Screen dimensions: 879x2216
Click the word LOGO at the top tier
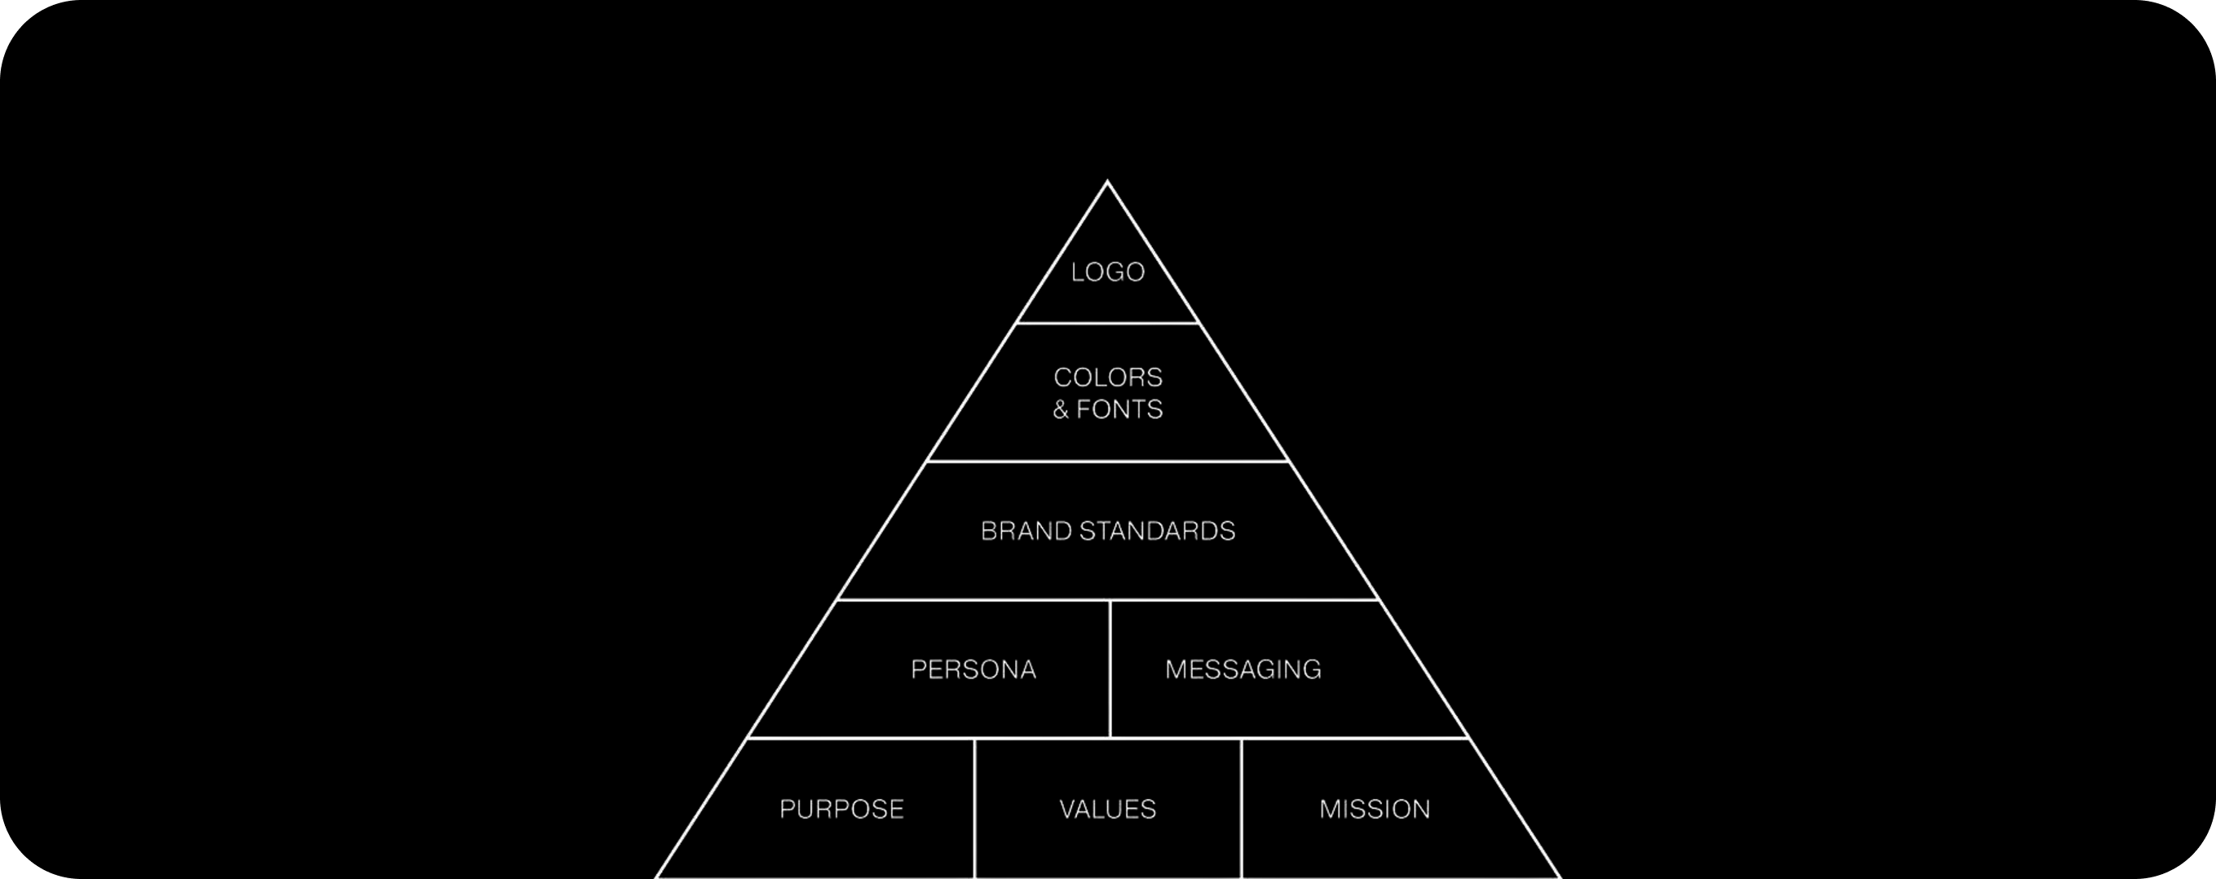point(1107,272)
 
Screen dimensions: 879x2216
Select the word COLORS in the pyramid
point(1108,378)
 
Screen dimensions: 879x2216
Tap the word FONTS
point(1119,409)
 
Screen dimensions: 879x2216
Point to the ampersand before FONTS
point(1061,410)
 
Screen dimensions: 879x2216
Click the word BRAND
point(1026,532)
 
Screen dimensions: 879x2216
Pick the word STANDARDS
point(1157,532)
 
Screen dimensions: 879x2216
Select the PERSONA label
point(973,670)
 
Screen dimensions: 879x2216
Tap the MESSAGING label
point(1243,670)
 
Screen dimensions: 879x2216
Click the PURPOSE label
point(841,810)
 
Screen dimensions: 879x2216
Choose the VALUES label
point(1107,810)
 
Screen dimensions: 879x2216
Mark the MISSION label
point(1375,810)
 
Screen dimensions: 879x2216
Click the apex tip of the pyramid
point(1107,183)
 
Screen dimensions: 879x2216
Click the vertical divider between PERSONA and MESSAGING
point(1110,669)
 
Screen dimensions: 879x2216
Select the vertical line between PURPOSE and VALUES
point(974,809)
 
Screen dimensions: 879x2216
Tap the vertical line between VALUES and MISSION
point(1242,809)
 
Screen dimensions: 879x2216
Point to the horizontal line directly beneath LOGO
point(1107,324)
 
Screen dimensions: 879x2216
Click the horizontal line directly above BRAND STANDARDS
point(1107,461)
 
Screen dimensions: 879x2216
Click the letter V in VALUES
point(1066,810)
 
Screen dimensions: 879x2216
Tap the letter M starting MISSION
point(1330,810)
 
